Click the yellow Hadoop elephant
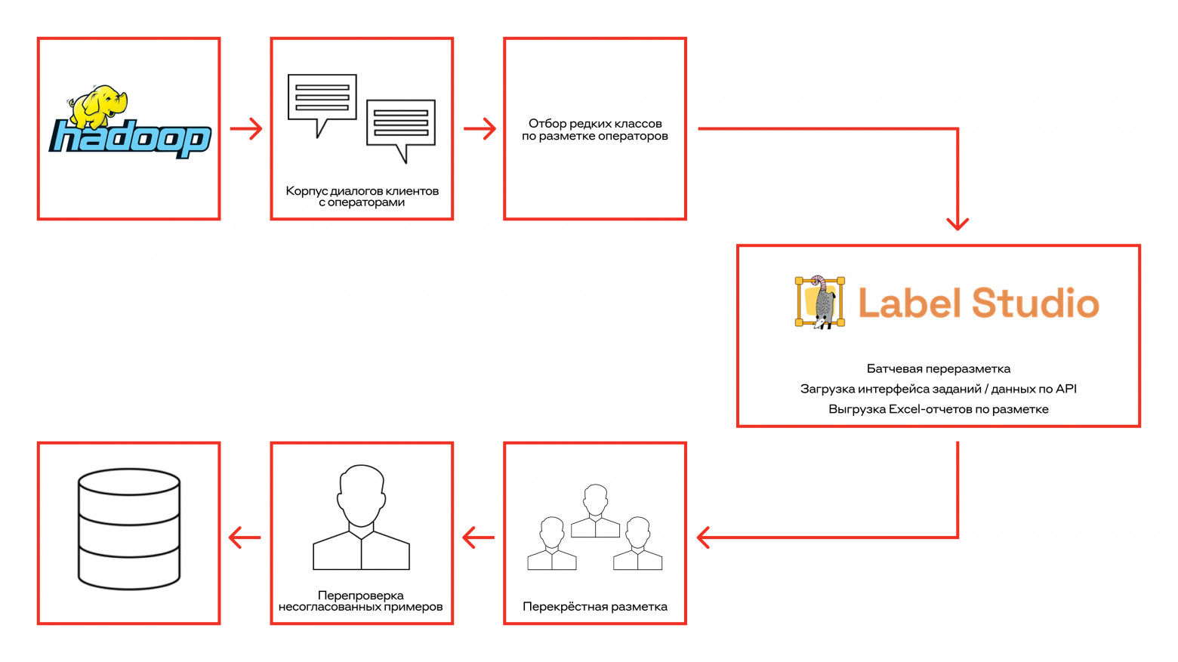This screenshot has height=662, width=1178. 98,106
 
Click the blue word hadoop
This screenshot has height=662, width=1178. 130,138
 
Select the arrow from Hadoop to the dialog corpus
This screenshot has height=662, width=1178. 245,129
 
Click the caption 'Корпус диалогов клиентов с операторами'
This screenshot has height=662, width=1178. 362,196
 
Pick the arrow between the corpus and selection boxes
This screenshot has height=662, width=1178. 480,129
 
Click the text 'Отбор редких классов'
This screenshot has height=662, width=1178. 595,123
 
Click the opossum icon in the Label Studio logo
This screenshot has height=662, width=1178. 820,303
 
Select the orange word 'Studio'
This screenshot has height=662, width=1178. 1035,303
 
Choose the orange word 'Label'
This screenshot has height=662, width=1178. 909,303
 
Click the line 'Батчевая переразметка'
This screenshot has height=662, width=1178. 938,369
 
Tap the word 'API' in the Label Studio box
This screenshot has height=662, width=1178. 1065,389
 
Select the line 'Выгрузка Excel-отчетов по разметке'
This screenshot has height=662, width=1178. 938,409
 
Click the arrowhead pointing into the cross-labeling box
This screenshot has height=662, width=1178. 704,537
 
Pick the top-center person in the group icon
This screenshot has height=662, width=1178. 595,511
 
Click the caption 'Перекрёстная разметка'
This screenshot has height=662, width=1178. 595,606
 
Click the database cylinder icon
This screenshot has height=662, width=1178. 129,528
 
